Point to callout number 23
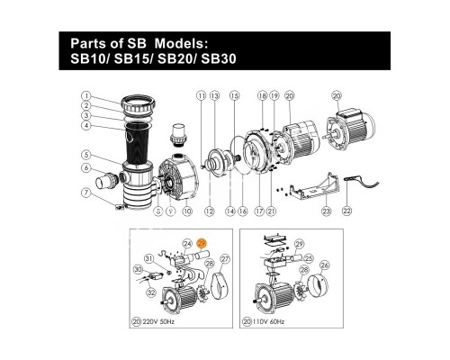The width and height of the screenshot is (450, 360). (326, 211)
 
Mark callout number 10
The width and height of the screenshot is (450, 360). (187, 211)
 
